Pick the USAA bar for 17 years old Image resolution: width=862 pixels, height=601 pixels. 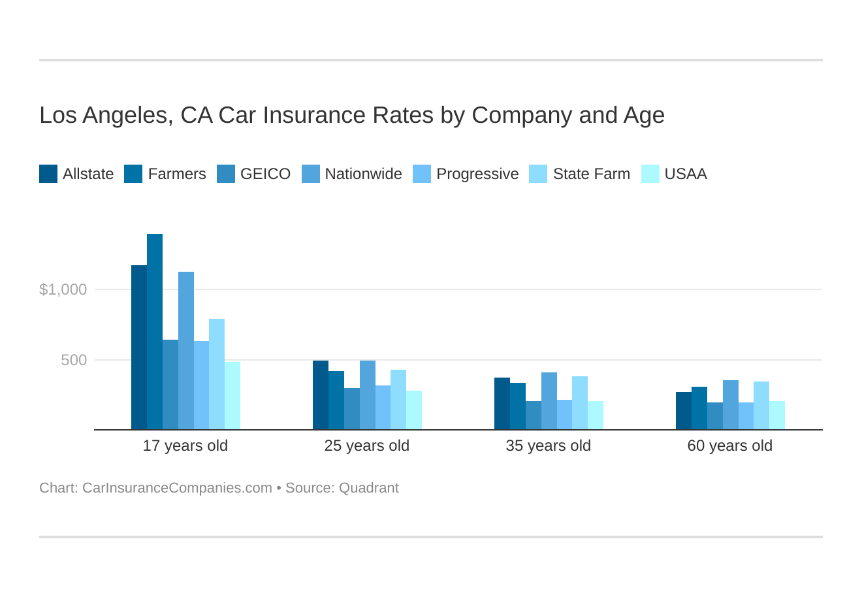[232, 396]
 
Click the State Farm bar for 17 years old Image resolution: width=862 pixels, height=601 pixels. [217, 374]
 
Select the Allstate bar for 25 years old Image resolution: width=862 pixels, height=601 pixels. [321, 395]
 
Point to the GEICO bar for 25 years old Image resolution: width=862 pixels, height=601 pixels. [352, 409]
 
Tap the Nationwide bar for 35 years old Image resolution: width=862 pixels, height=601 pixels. [549, 401]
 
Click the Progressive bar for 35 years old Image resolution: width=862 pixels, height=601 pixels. [564, 415]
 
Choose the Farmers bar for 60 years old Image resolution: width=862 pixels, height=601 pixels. [699, 408]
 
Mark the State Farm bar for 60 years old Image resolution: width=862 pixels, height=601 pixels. [761, 406]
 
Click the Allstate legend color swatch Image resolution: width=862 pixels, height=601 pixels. [48, 174]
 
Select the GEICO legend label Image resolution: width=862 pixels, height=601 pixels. [265, 174]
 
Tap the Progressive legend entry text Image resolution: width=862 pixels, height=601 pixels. [477, 174]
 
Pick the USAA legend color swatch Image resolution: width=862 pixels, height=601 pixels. [650, 174]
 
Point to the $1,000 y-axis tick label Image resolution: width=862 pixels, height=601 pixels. [63, 289]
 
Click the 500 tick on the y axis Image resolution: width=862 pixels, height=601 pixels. [74, 360]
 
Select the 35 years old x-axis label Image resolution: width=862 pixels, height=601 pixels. [548, 446]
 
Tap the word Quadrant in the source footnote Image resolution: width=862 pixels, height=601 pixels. [369, 488]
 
